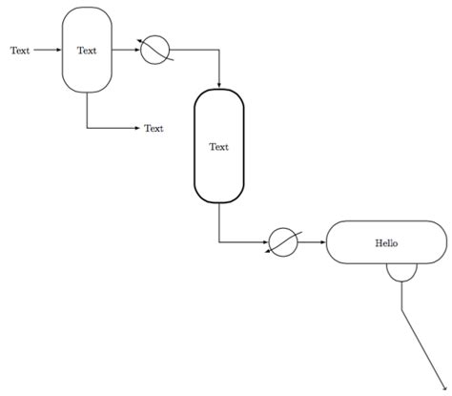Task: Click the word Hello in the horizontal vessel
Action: click(387, 242)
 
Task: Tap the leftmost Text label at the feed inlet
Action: click(20, 51)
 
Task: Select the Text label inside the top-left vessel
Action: click(87, 51)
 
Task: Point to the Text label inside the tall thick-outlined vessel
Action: click(219, 146)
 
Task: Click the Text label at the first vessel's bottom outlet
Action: click(154, 128)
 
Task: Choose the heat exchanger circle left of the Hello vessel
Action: click(284, 242)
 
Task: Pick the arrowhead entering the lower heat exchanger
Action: click(267, 242)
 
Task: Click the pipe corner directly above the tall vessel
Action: click(219, 51)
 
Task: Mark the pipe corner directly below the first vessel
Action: click(87, 127)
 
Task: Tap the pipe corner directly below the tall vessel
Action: click(219, 242)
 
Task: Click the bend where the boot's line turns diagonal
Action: click(401, 307)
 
